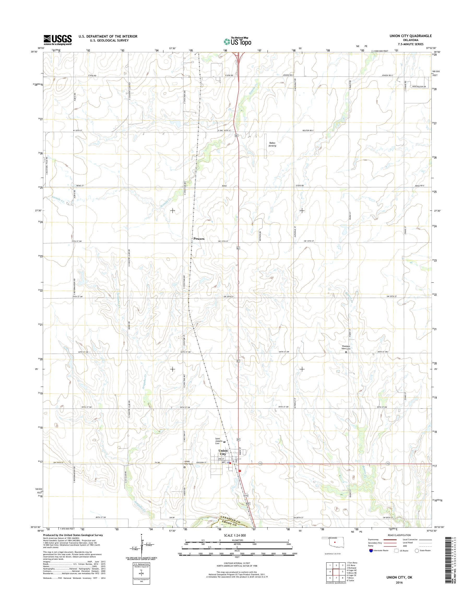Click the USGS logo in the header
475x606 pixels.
coord(58,40)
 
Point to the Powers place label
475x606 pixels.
coord(199,239)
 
